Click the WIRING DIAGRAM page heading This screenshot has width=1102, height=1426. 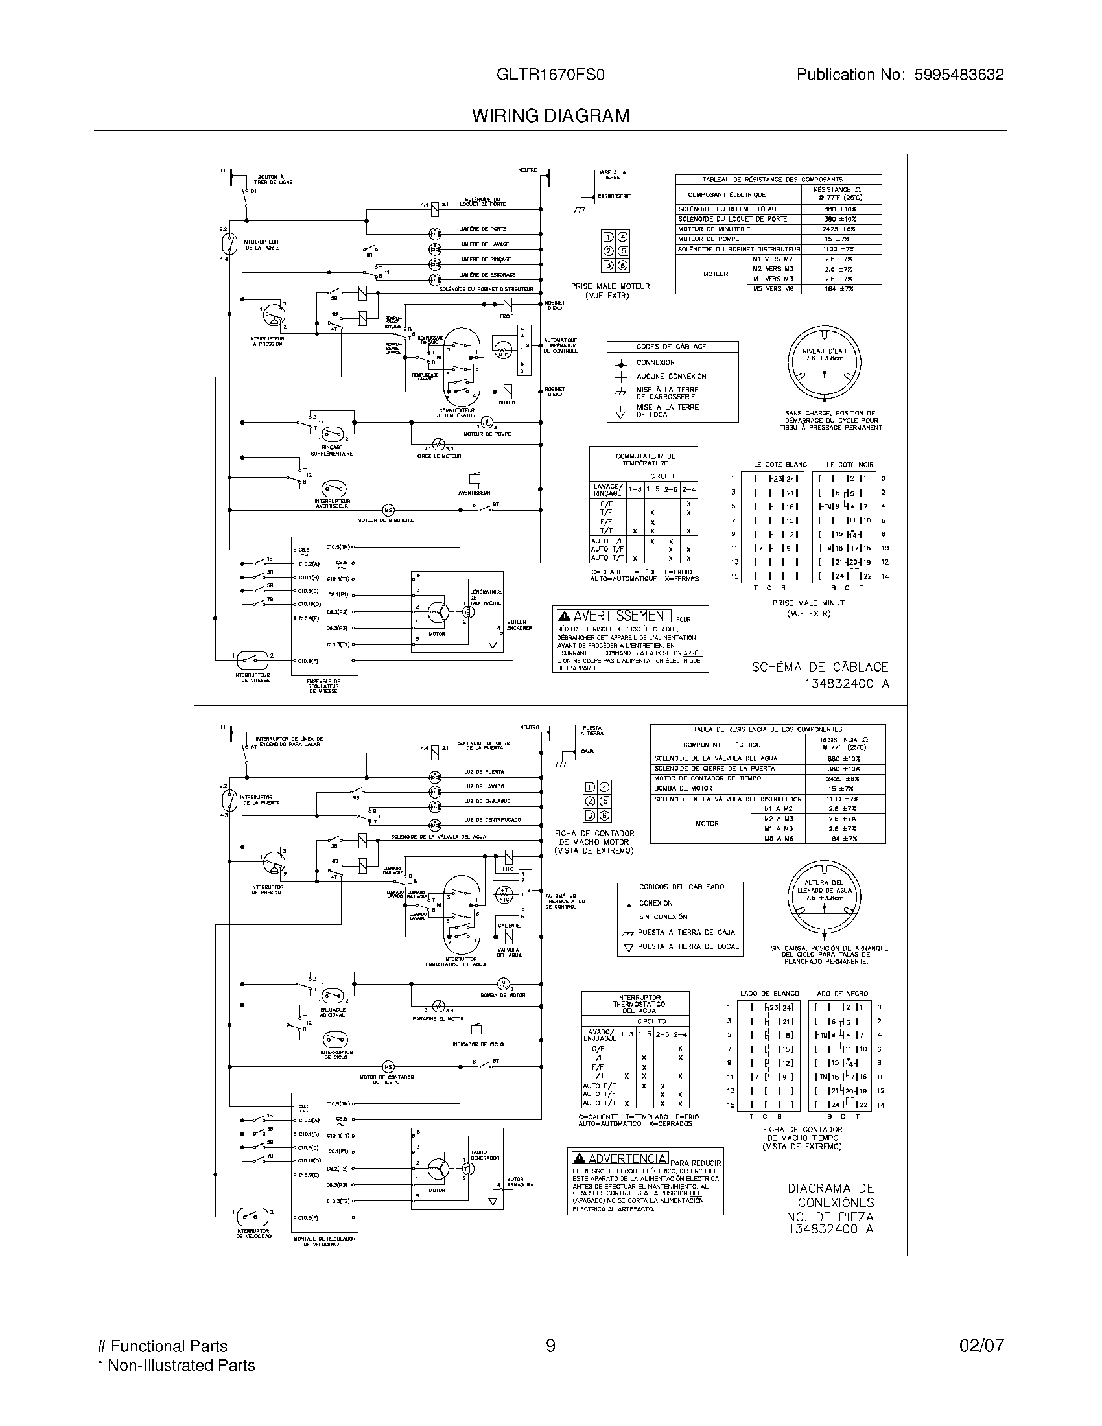click(550, 115)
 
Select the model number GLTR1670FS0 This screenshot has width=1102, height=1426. click(550, 75)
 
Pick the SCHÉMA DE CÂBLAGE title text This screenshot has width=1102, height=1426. click(820, 666)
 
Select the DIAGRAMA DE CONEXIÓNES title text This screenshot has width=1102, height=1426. click(830, 1195)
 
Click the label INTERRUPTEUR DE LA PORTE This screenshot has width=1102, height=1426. click(261, 245)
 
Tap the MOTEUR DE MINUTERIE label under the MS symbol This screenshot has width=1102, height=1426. click(385, 520)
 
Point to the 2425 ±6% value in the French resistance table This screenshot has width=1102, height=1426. click(839, 229)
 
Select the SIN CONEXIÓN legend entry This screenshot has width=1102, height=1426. click(662, 917)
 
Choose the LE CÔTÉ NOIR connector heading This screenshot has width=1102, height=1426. click(849, 465)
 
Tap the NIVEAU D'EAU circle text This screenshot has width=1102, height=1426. click(824, 355)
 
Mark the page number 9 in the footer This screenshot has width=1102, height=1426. click(550, 1346)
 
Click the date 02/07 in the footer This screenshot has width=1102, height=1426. click(981, 1346)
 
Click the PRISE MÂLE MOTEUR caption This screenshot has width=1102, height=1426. click(610, 290)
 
